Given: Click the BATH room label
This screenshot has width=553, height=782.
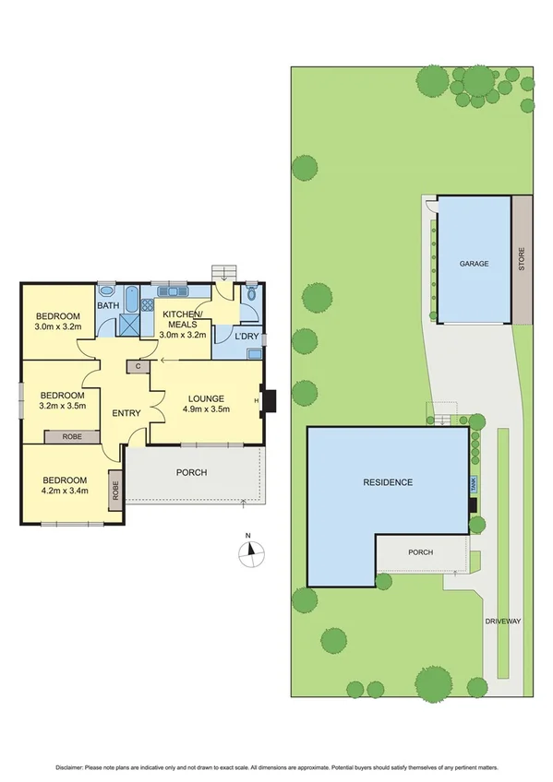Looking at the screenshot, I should point(109,305).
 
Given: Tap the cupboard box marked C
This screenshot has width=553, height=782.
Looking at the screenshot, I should point(138,366).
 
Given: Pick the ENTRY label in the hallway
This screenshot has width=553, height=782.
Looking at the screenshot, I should point(126,412).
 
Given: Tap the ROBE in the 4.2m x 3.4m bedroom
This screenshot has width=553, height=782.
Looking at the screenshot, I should point(116,490).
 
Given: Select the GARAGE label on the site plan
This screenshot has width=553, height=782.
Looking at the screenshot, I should point(474,263).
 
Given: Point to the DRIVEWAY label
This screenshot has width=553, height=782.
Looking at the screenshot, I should point(504,622).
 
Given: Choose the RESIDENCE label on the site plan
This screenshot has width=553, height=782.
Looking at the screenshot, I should point(387,481).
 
